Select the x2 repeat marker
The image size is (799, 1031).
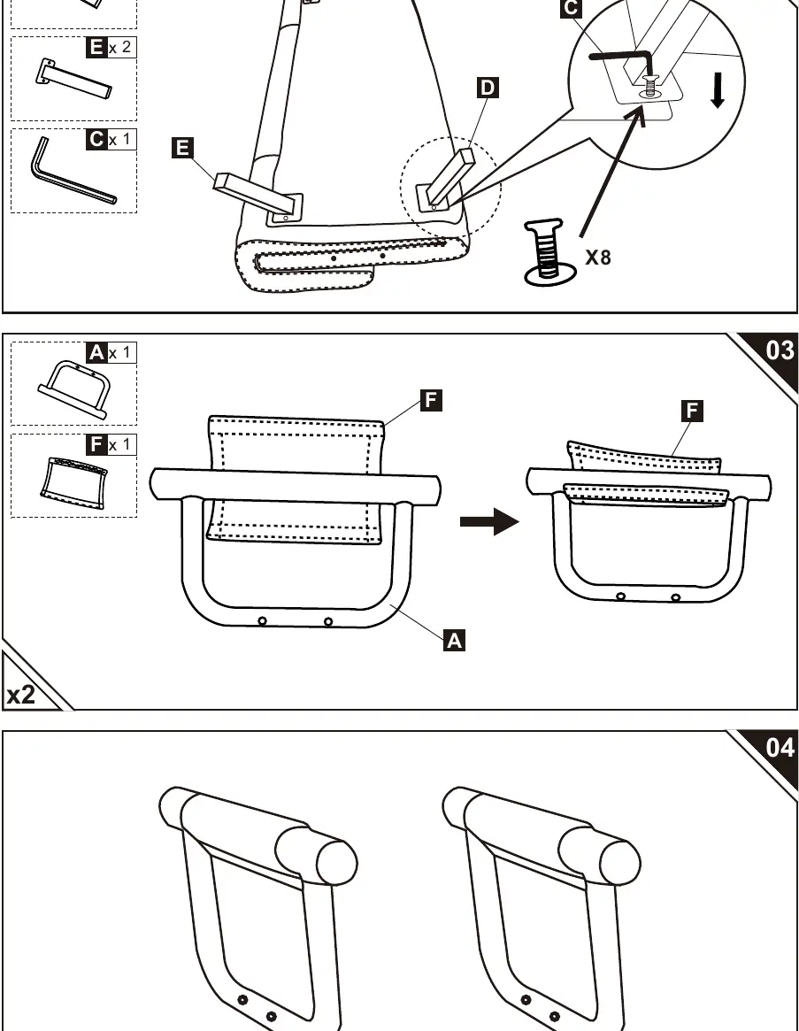[21, 695]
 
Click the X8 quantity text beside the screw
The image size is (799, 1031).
[598, 258]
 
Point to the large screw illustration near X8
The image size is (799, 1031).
[545, 252]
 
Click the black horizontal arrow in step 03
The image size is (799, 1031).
[489, 522]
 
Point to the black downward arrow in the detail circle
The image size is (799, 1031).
[718, 90]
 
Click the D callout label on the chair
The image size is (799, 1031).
[488, 88]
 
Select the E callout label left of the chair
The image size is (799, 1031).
[182, 147]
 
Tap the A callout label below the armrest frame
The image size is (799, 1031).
[455, 640]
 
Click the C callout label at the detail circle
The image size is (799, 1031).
[571, 8]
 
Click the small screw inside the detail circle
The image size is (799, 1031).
[650, 88]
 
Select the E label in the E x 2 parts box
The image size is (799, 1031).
[96, 47]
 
